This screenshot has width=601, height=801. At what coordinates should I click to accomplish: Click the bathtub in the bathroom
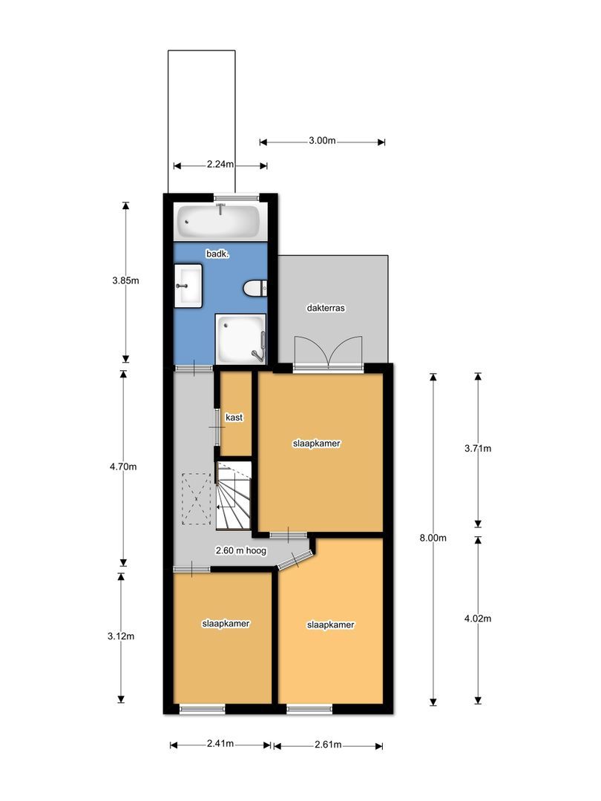click(218, 221)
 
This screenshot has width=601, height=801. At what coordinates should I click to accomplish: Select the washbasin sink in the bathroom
click(188, 286)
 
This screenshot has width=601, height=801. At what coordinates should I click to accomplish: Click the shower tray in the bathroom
click(240, 337)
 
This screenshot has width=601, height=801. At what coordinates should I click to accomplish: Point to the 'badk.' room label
click(217, 254)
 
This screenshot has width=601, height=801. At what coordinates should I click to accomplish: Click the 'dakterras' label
click(326, 307)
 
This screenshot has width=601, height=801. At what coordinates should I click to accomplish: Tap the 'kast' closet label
click(234, 418)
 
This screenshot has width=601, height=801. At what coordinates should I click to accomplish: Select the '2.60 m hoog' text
click(241, 551)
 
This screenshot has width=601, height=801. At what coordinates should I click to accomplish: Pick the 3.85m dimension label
click(125, 280)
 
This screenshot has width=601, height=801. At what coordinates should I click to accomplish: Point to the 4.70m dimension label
click(124, 467)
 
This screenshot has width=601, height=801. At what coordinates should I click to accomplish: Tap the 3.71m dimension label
click(478, 448)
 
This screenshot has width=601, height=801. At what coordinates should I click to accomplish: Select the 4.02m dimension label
click(478, 619)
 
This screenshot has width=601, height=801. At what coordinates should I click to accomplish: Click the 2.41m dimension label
click(220, 744)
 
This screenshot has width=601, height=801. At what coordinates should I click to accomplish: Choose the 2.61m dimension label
click(327, 745)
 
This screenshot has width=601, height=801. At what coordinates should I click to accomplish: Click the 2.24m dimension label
click(220, 165)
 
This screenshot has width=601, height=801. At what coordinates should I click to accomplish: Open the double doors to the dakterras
click(327, 352)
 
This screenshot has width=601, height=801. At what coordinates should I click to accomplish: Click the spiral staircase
click(234, 495)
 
